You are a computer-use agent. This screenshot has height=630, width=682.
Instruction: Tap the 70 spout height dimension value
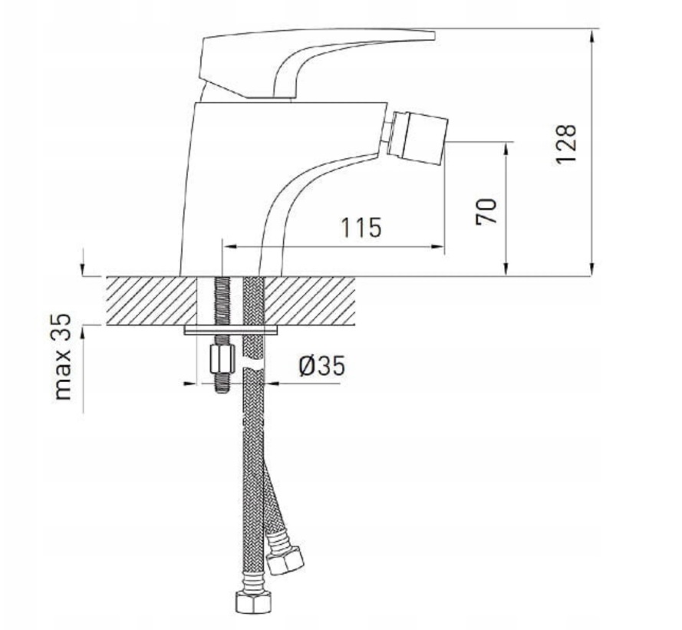point(486,210)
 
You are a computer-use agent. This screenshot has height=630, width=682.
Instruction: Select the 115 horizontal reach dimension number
point(361,228)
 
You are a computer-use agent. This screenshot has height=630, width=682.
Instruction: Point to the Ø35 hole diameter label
point(320,367)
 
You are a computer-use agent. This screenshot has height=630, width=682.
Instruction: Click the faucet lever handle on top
point(307,58)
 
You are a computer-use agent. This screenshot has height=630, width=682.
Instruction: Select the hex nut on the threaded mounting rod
point(220,357)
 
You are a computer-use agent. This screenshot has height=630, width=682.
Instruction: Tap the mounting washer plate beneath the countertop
point(232,331)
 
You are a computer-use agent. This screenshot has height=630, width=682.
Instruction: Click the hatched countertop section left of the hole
point(150,300)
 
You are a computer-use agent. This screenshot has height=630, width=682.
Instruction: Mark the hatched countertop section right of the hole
point(311,300)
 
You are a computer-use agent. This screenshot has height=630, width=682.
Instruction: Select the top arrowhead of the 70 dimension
point(506,147)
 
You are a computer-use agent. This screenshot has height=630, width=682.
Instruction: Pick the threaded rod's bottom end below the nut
point(220,385)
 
